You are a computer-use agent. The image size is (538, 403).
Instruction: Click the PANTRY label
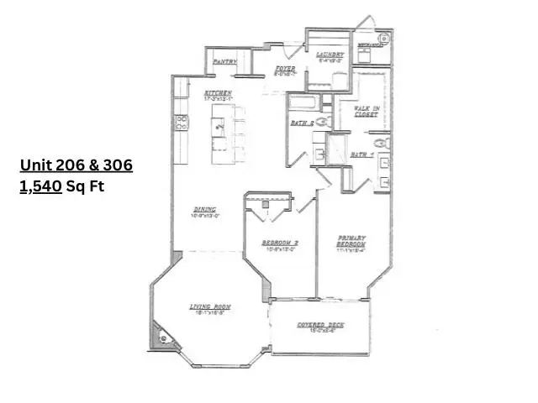pyautogui.click(x=223, y=61)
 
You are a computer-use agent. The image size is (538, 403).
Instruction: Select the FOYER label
pyautogui.click(x=285, y=68)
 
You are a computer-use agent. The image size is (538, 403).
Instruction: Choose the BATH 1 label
pyautogui.click(x=361, y=154)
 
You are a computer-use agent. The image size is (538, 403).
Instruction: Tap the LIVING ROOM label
pyautogui.click(x=210, y=307)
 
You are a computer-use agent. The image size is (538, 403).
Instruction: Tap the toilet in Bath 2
pyautogui.click(x=326, y=123)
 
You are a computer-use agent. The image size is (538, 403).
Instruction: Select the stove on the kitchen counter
pyautogui.click(x=181, y=123)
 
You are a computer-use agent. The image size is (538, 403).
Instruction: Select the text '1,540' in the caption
pyautogui.click(x=41, y=187)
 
